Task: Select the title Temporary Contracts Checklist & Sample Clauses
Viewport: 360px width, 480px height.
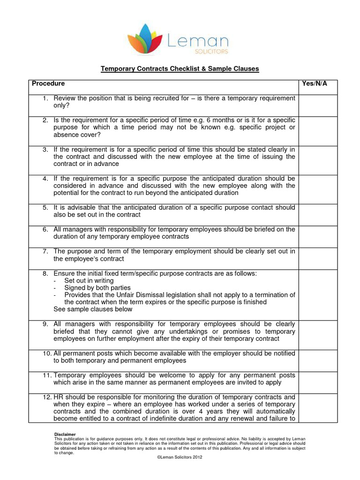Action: pyautogui.click(x=180, y=69)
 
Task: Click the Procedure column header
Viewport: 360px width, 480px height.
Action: pyautogui.click(x=48, y=84)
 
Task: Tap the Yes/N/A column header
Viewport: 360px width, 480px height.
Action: pyautogui.click(x=315, y=84)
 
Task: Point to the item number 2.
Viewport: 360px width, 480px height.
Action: pyautogui.click(x=45, y=120)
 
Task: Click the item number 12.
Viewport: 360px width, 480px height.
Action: pyautogui.click(x=46, y=397)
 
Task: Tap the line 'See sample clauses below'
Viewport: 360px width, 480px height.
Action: pyautogui.click(x=93, y=309)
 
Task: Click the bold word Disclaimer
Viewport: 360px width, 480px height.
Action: pyautogui.click(x=65, y=434)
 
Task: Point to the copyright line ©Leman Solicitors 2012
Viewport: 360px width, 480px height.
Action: pyautogui.click(x=180, y=457)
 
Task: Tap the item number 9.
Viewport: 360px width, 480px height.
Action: pyautogui.click(x=45, y=324)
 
